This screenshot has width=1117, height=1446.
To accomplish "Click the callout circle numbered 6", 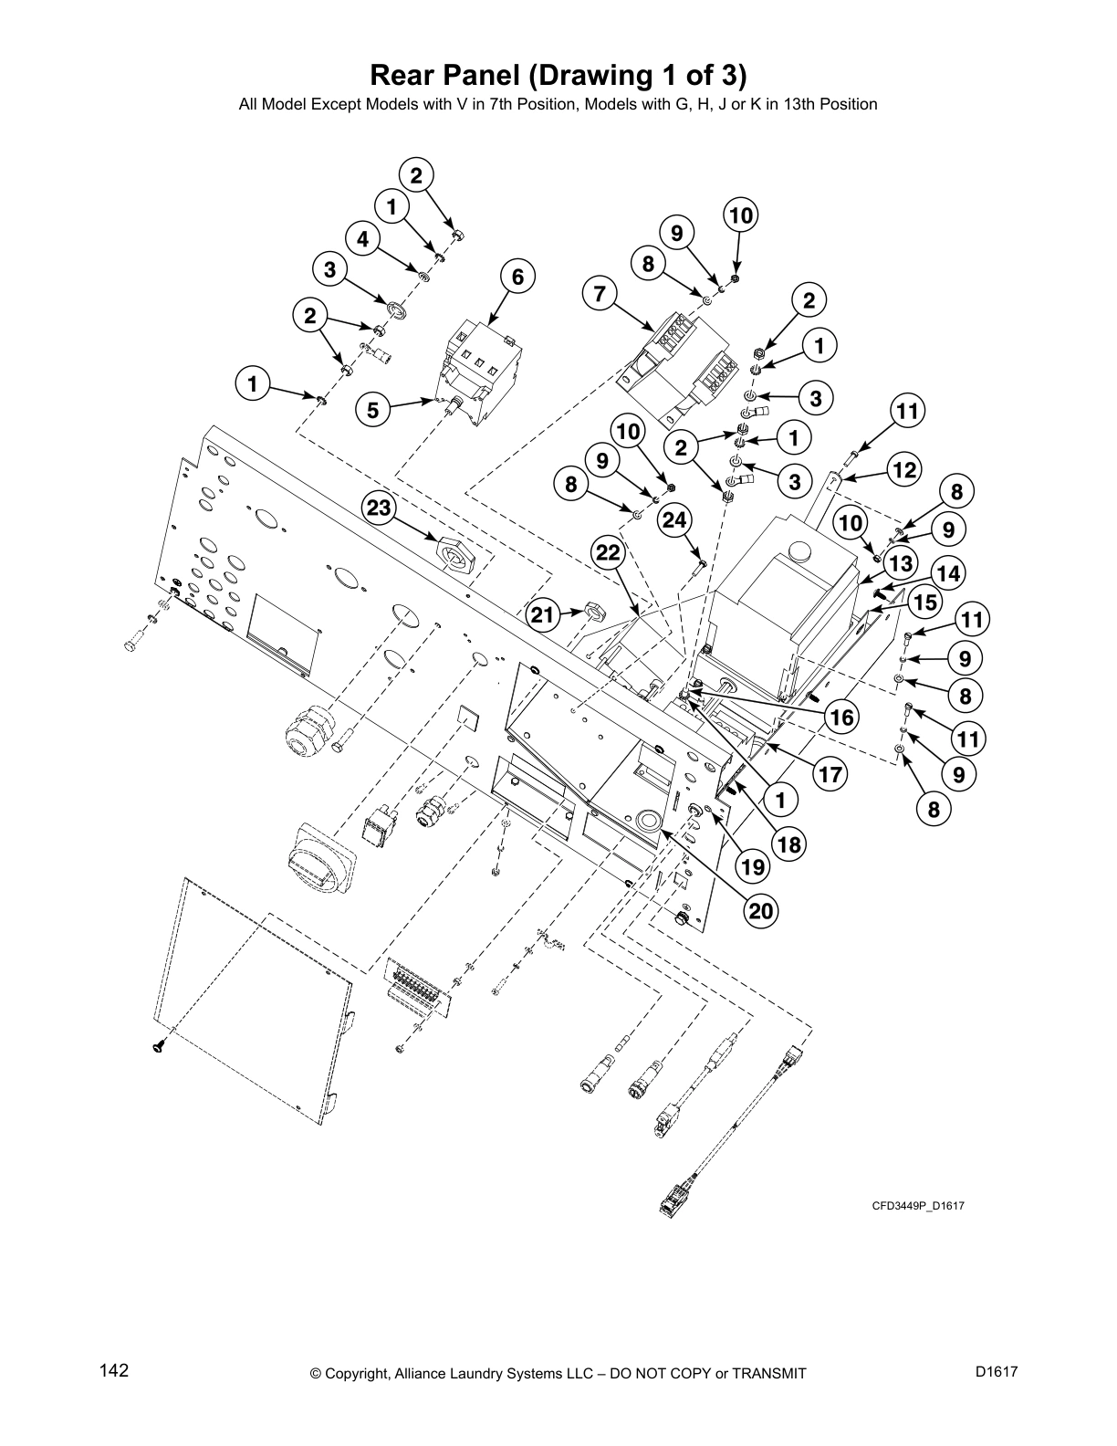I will [517, 277].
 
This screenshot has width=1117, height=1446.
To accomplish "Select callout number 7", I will [599, 294].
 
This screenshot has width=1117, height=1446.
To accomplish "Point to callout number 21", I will [543, 615].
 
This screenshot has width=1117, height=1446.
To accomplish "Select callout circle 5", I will [372, 411].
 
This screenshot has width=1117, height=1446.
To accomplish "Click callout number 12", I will [903, 470].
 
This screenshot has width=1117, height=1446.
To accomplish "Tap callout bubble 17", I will [830, 775].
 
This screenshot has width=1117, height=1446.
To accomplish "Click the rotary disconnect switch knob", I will [319, 858].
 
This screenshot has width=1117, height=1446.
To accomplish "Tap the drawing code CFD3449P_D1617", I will [918, 1206].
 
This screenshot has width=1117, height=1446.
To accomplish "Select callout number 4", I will [363, 239].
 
